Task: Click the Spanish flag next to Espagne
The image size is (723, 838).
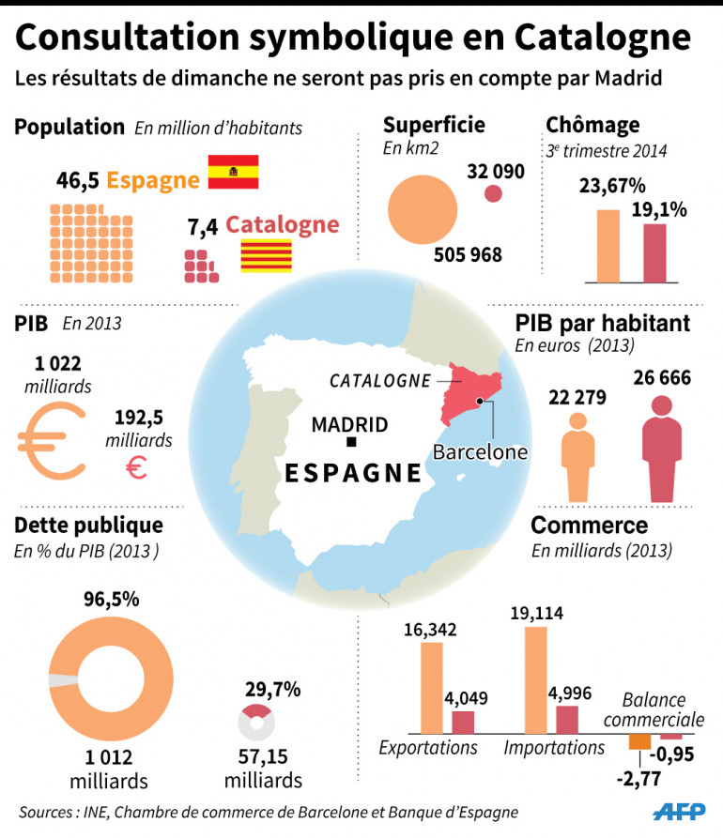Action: (x=233, y=171)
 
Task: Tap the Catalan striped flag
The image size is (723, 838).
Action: (x=266, y=255)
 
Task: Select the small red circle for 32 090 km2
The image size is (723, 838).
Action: (x=492, y=194)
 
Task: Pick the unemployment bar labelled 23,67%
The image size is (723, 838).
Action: (x=608, y=246)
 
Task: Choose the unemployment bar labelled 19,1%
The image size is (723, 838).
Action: (x=654, y=252)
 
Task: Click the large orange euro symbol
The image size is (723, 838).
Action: (x=55, y=439)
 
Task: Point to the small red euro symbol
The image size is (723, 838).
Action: (x=136, y=466)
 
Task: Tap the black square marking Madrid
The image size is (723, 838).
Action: (x=350, y=441)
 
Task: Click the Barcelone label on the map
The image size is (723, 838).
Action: (x=480, y=451)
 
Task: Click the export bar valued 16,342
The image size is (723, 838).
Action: (x=432, y=687)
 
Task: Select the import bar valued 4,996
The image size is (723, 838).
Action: (x=567, y=719)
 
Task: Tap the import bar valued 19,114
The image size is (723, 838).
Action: (x=535, y=679)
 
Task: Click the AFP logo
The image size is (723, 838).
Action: (x=679, y=812)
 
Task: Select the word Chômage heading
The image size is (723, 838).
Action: (x=592, y=125)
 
